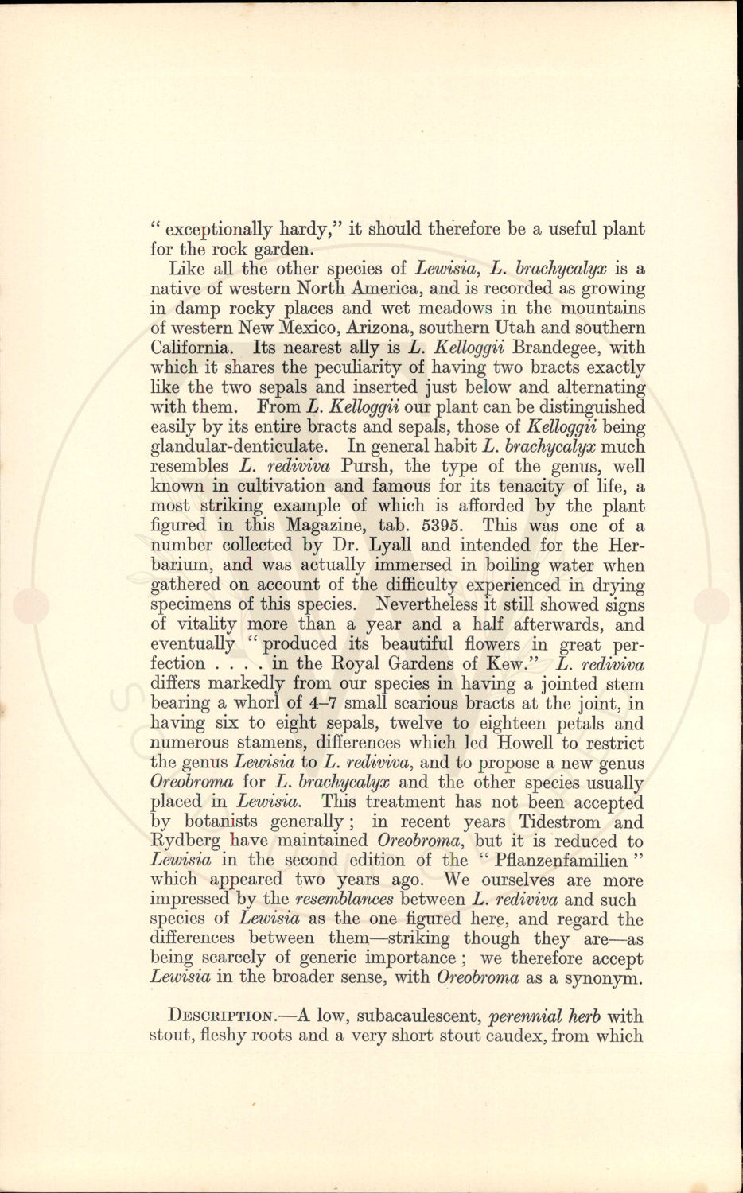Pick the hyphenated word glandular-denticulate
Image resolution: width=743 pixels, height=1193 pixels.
coord(241,446)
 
